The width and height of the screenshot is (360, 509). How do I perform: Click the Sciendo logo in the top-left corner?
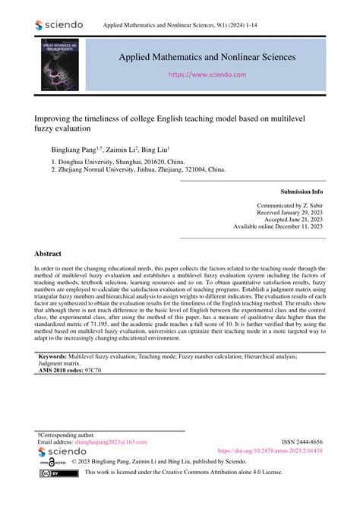point(60,25)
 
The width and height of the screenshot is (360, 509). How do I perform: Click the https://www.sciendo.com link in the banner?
point(207,74)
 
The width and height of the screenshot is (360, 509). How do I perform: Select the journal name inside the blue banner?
point(207,56)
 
